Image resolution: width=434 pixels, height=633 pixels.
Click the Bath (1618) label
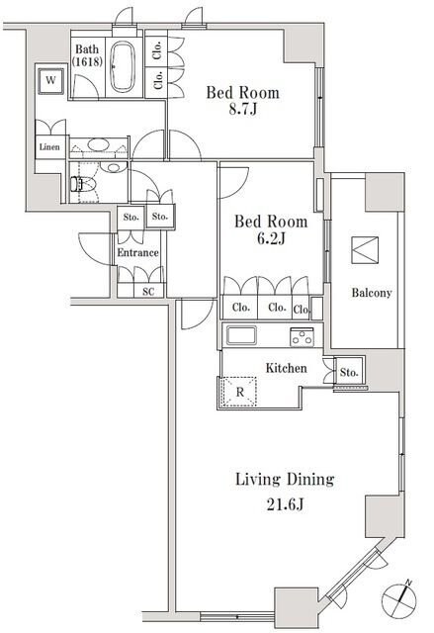pos(86,55)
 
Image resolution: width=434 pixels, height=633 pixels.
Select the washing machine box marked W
pos(47,80)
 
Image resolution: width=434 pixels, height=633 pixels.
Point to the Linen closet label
pos(48,147)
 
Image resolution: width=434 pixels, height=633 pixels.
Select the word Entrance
pos(137,253)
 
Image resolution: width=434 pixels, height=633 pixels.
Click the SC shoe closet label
pos(147,292)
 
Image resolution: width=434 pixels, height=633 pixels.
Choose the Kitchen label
pos(285,368)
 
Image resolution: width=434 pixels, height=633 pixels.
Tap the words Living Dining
pos(284,480)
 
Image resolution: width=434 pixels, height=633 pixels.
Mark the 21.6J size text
pos(284,504)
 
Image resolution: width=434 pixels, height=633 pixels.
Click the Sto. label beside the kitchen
pos(348,373)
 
